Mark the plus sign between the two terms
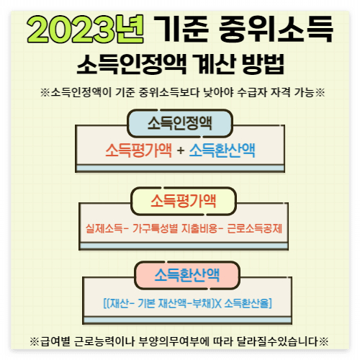(180, 150)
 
